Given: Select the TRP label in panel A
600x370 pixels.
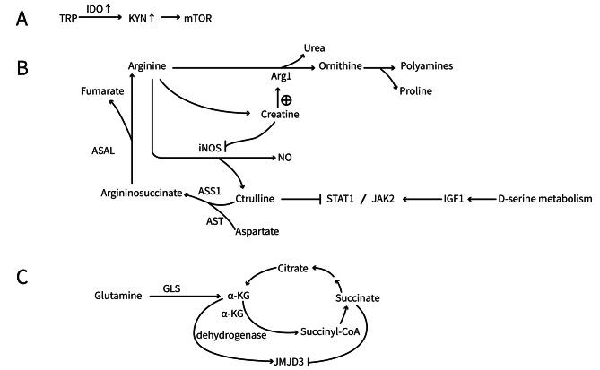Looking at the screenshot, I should pos(68,17).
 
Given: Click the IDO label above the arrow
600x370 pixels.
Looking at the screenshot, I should pos(96,8).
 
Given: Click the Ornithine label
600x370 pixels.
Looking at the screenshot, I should pos(339,66).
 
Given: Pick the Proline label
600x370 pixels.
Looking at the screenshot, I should pos(416,90).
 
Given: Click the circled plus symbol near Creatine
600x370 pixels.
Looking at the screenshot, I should pos(285,100).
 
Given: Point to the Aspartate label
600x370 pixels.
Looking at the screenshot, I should pos(256,231).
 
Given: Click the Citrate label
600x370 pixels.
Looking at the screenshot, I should pos(292,268).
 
